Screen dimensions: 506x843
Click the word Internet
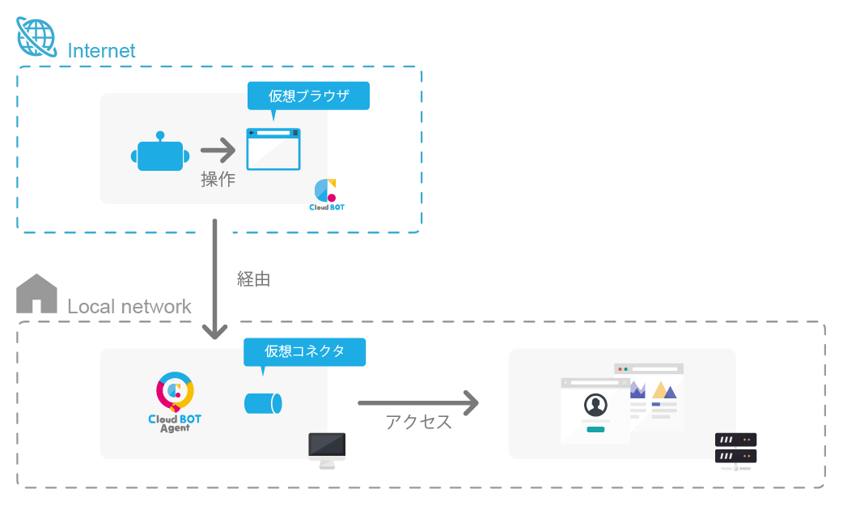(x=102, y=50)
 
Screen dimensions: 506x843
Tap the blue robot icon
(x=160, y=154)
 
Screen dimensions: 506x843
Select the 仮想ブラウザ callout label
(x=308, y=96)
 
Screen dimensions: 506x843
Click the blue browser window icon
(x=273, y=149)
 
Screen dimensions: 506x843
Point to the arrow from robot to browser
(x=218, y=150)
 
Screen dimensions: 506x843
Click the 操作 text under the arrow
(x=218, y=179)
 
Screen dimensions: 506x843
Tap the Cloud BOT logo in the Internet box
(x=326, y=195)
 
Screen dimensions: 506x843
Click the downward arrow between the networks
(x=215, y=279)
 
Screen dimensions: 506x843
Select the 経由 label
(x=253, y=279)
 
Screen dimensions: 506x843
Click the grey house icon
(x=37, y=293)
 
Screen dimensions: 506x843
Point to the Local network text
(x=129, y=307)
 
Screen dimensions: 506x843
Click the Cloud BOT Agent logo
(x=175, y=402)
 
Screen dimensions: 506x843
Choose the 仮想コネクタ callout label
(x=305, y=351)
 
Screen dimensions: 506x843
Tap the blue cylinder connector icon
(x=264, y=402)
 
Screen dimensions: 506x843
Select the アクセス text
(x=418, y=422)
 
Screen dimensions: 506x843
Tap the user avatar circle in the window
(x=595, y=404)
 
